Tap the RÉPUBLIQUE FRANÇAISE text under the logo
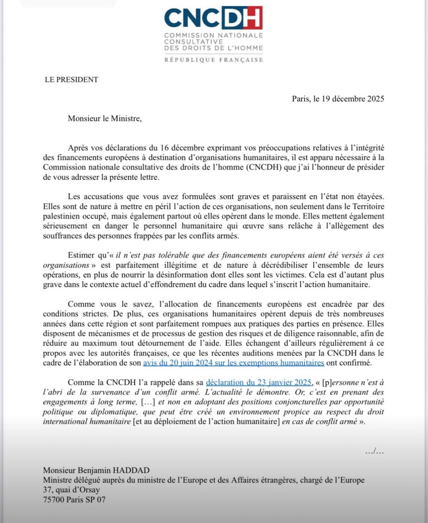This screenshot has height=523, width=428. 214,60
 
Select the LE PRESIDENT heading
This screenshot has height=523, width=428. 71,79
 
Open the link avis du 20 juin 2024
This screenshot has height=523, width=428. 233,363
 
